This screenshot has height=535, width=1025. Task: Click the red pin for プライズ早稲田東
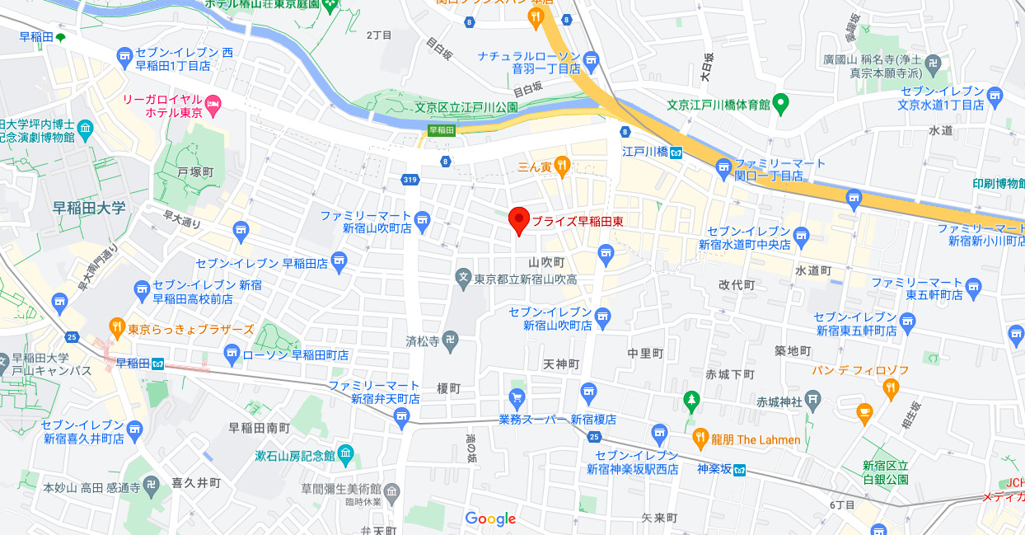click(518, 220)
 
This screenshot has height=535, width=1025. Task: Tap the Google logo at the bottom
click(490, 519)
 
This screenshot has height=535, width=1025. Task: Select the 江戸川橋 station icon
click(676, 152)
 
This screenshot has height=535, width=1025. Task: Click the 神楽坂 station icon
click(740, 471)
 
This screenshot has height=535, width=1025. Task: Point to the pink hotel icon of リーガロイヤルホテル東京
click(213, 103)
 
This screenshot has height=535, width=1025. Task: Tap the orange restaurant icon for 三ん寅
click(562, 166)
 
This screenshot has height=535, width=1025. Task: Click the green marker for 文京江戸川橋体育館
click(781, 104)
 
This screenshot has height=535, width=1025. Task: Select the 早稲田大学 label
click(89, 207)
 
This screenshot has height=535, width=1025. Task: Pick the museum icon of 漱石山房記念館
click(344, 453)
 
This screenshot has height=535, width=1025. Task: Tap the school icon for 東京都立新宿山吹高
click(464, 279)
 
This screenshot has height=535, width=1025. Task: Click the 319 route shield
click(410, 179)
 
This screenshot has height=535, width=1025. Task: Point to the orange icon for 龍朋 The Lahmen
click(700, 439)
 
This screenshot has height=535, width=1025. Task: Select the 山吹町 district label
click(546, 261)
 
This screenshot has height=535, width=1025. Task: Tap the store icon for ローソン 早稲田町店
click(232, 354)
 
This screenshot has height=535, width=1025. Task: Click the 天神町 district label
click(561, 364)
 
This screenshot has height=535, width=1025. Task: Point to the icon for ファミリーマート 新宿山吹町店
click(423, 220)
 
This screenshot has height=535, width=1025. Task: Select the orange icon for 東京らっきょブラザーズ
click(117, 328)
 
